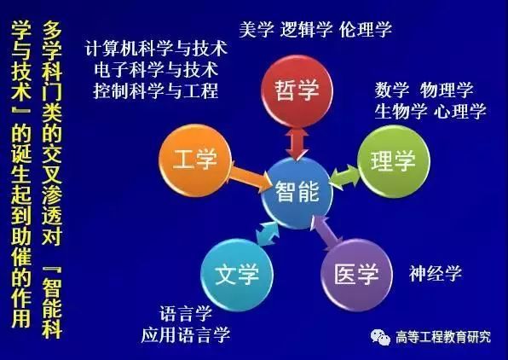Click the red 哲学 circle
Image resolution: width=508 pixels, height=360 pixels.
297,91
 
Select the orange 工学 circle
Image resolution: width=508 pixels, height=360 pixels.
195,160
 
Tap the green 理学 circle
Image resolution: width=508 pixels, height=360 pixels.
394,161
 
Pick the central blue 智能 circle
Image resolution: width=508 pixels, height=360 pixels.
297,192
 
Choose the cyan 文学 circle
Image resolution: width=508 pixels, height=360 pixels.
237,275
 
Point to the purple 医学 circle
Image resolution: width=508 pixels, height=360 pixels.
356,275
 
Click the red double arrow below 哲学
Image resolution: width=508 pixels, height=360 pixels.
297,142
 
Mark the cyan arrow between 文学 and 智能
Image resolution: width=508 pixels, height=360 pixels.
268,233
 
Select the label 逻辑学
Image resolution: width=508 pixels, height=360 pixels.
307,30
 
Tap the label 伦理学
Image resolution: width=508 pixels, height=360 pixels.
366,30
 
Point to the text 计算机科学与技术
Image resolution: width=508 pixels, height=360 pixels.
156,49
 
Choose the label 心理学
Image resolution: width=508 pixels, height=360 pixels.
460,111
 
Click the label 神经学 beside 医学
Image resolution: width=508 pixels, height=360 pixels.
435,273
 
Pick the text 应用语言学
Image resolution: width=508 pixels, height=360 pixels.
186,334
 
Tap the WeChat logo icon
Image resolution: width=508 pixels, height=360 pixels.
381,337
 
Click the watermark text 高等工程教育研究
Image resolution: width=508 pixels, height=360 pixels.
443,337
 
